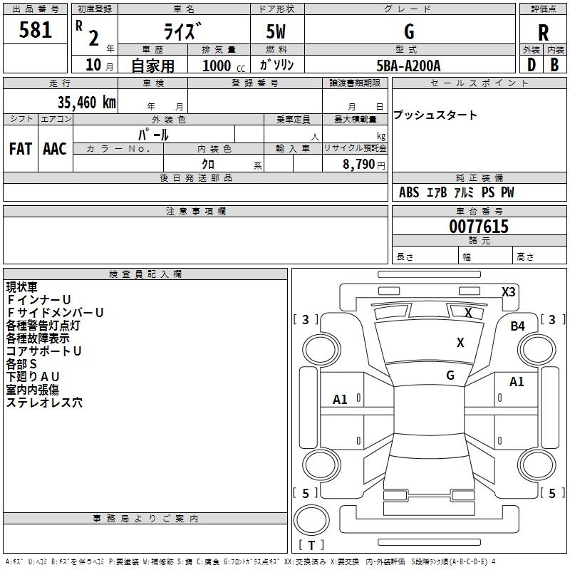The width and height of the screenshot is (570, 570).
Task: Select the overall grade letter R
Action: tap(543, 32)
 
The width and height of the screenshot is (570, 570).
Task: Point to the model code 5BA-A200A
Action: tap(408, 66)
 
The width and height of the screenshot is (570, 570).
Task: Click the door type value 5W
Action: tap(276, 32)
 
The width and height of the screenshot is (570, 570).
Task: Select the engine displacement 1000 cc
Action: tap(223, 66)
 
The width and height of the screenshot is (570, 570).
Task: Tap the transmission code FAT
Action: tap(20, 148)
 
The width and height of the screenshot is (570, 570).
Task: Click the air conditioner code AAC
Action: tap(54, 148)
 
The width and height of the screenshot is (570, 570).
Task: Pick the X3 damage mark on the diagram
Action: tap(508, 291)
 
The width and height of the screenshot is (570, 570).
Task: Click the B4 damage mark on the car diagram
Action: tap(517, 326)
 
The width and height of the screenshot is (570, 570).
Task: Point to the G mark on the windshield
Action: tap(450, 375)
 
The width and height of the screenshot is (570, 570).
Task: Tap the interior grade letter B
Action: tap(554, 65)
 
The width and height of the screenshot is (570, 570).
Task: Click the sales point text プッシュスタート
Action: tap(435, 115)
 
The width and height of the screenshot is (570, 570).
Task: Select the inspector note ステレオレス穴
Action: tap(44, 403)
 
